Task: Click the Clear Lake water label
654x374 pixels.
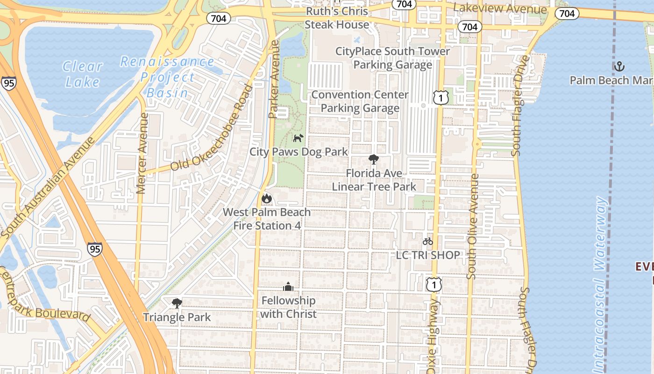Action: pyautogui.click(x=83, y=74)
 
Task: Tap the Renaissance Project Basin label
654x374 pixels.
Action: pyautogui.click(x=167, y=77)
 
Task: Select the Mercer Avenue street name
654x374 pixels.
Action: pyautogui.click(x=142, y=153)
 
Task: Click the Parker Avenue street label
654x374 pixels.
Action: pyautogui.click(x=274, y=79)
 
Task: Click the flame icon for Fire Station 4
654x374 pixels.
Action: pyautogui.click(x=267, y=198)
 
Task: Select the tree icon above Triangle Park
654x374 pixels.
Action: pyautogui.click(x=177, y=303)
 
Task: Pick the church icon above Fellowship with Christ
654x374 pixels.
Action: pyautogui.click(x=288, y=286)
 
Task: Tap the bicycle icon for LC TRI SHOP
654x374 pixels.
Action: pyautogui.click(x=428, y=241)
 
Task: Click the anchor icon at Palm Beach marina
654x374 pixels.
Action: pyautogui.click(x=619, y=66)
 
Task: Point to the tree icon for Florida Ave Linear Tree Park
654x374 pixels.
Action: pyautogui.click(x=374, y=159)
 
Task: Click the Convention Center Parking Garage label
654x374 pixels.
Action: pyautogui.click(x=360, y=101)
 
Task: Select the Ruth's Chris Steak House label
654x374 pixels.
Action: pyautogui.click(x=336, y=18)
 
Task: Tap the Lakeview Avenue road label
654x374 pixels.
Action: pyautogui.click(x=500, y=8)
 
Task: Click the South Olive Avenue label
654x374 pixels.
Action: pyautogui.click(x=473, y=227)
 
